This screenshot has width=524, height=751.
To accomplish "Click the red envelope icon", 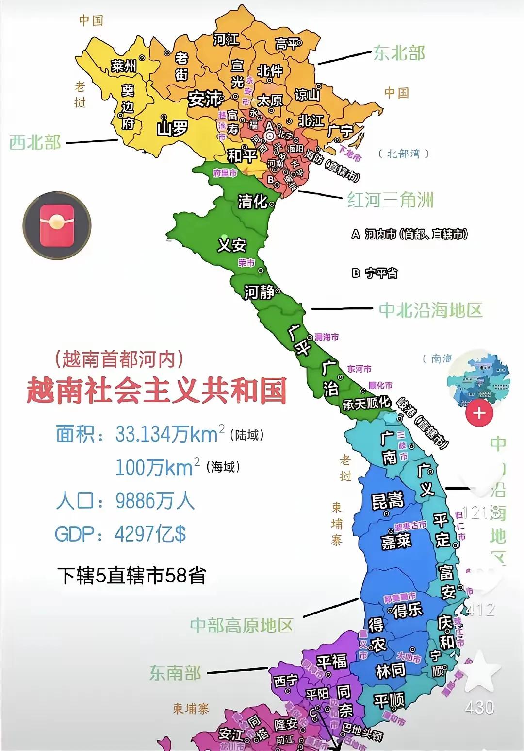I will coord(57,225).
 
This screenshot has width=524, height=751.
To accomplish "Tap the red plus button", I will coord(479,413).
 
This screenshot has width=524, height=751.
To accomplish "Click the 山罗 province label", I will coord(172,129).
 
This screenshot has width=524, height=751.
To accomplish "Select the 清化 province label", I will coord(252,201).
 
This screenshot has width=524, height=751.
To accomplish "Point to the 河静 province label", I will coord(259,292).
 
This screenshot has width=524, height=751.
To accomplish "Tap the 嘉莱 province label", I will coord(396,541).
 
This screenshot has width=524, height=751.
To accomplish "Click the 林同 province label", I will coord(390,671).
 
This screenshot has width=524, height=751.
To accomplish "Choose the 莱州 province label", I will coord(124,65).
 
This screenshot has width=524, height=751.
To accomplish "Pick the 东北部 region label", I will coord(399,53).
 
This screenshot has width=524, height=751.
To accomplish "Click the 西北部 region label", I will coord(35,142).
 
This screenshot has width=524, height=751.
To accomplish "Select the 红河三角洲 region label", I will coord(390,200).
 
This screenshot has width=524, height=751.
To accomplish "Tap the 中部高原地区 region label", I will coord(242,625).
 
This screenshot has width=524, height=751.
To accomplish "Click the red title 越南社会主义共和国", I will coord(157,391).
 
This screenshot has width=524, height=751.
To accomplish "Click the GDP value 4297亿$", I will coord(150,534).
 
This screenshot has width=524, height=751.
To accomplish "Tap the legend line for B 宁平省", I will coord(375,273).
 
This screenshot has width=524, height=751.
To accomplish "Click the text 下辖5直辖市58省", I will coord(131,576).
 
